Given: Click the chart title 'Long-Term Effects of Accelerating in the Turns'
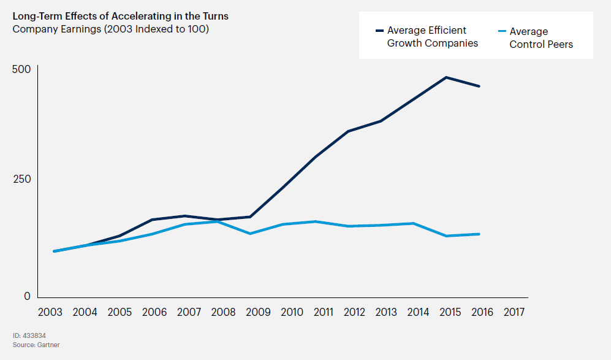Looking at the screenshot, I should (121, 17).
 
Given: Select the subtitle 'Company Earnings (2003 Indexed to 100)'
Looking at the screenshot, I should (111, 29).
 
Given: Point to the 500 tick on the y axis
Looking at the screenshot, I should (21, 69).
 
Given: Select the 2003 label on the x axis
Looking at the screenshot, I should (50, 312).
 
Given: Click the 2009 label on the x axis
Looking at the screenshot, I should (258, 312).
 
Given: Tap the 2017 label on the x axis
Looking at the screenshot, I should (514, 312).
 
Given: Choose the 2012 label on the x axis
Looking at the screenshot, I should (354, 312).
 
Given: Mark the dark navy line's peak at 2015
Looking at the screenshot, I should (446, 77).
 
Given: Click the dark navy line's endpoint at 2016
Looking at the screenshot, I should (479, 86).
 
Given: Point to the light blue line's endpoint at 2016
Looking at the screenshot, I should (479, 234).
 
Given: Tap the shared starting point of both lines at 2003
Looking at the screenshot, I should (54, 251).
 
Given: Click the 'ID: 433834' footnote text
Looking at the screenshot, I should (29, 336).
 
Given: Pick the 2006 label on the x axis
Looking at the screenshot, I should (154, 312).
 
